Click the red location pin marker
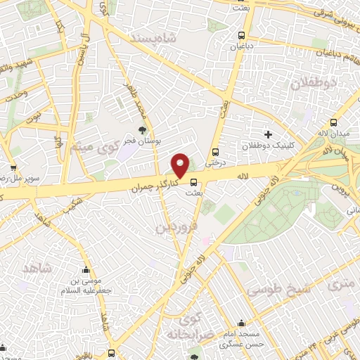tap(181, 165)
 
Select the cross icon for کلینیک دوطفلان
tap(266, 134)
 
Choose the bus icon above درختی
tap(216, 150)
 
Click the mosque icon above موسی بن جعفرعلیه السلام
tap(86, 269)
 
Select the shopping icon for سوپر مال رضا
tap(13, 168)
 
